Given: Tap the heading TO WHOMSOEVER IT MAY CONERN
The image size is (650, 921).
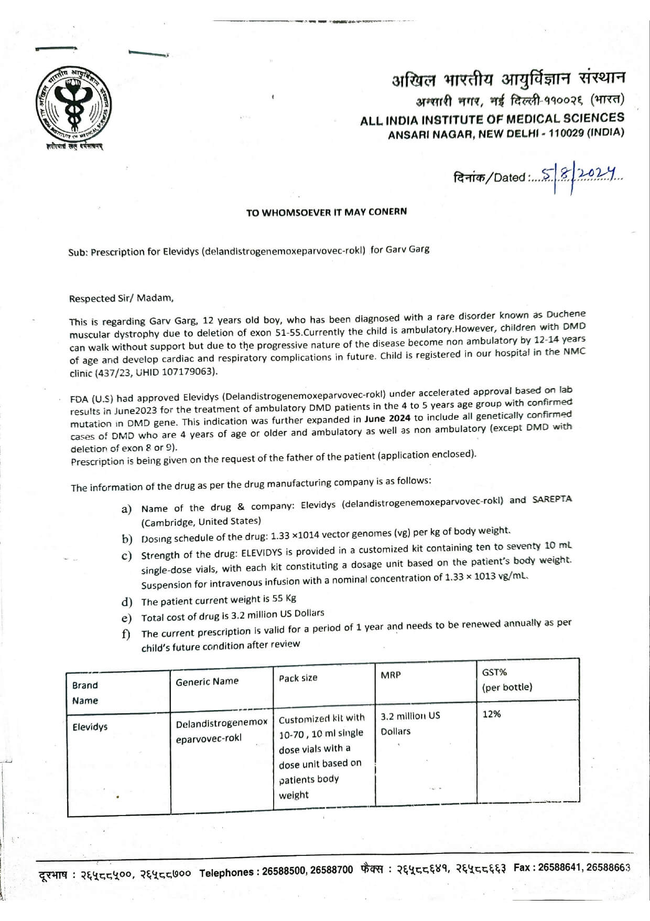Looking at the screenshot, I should coord(327,212).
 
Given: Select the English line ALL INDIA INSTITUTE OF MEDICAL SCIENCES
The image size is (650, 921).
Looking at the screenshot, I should coord(492,120).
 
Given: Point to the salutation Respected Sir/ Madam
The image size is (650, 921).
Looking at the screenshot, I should coord(121,298).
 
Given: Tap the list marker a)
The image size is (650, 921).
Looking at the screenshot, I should coord(126,509).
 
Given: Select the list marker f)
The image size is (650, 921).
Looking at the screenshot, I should coord(126,634).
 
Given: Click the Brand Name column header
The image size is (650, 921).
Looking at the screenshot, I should coord(85,693).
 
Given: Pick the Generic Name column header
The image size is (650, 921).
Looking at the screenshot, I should coord(207,681).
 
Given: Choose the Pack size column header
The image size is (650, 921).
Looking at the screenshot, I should coord(298,678).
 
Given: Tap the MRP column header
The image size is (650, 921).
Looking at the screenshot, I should coord(391,675).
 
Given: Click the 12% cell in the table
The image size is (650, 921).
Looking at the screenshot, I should coord(491,714).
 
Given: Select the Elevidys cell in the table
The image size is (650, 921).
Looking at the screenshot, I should coord(90,727).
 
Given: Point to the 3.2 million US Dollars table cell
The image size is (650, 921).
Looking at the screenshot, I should coord(410,723).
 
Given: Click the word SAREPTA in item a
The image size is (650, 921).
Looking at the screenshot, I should coord(552,499).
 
